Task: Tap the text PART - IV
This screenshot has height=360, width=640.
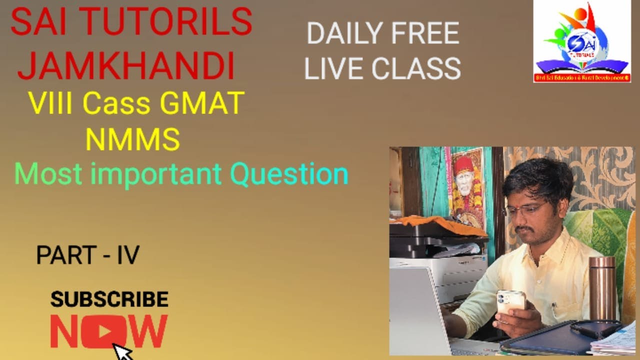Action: tap(87, 255)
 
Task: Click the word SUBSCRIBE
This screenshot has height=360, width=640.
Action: tap(109, 299)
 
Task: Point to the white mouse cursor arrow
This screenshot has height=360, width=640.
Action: tap(122, 351)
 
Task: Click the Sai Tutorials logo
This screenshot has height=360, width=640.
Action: tap(582, 41)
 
